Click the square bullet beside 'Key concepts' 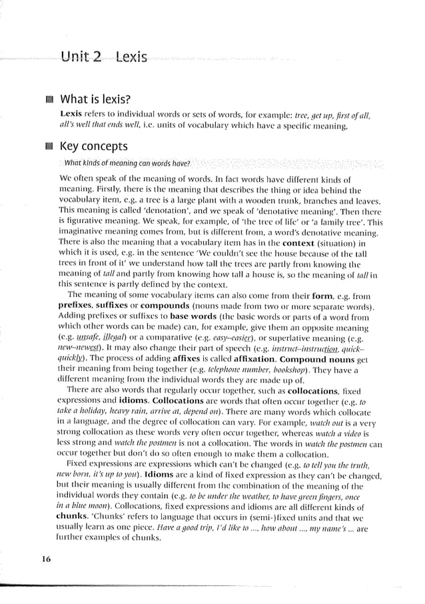47,147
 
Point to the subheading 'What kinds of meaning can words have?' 127,163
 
